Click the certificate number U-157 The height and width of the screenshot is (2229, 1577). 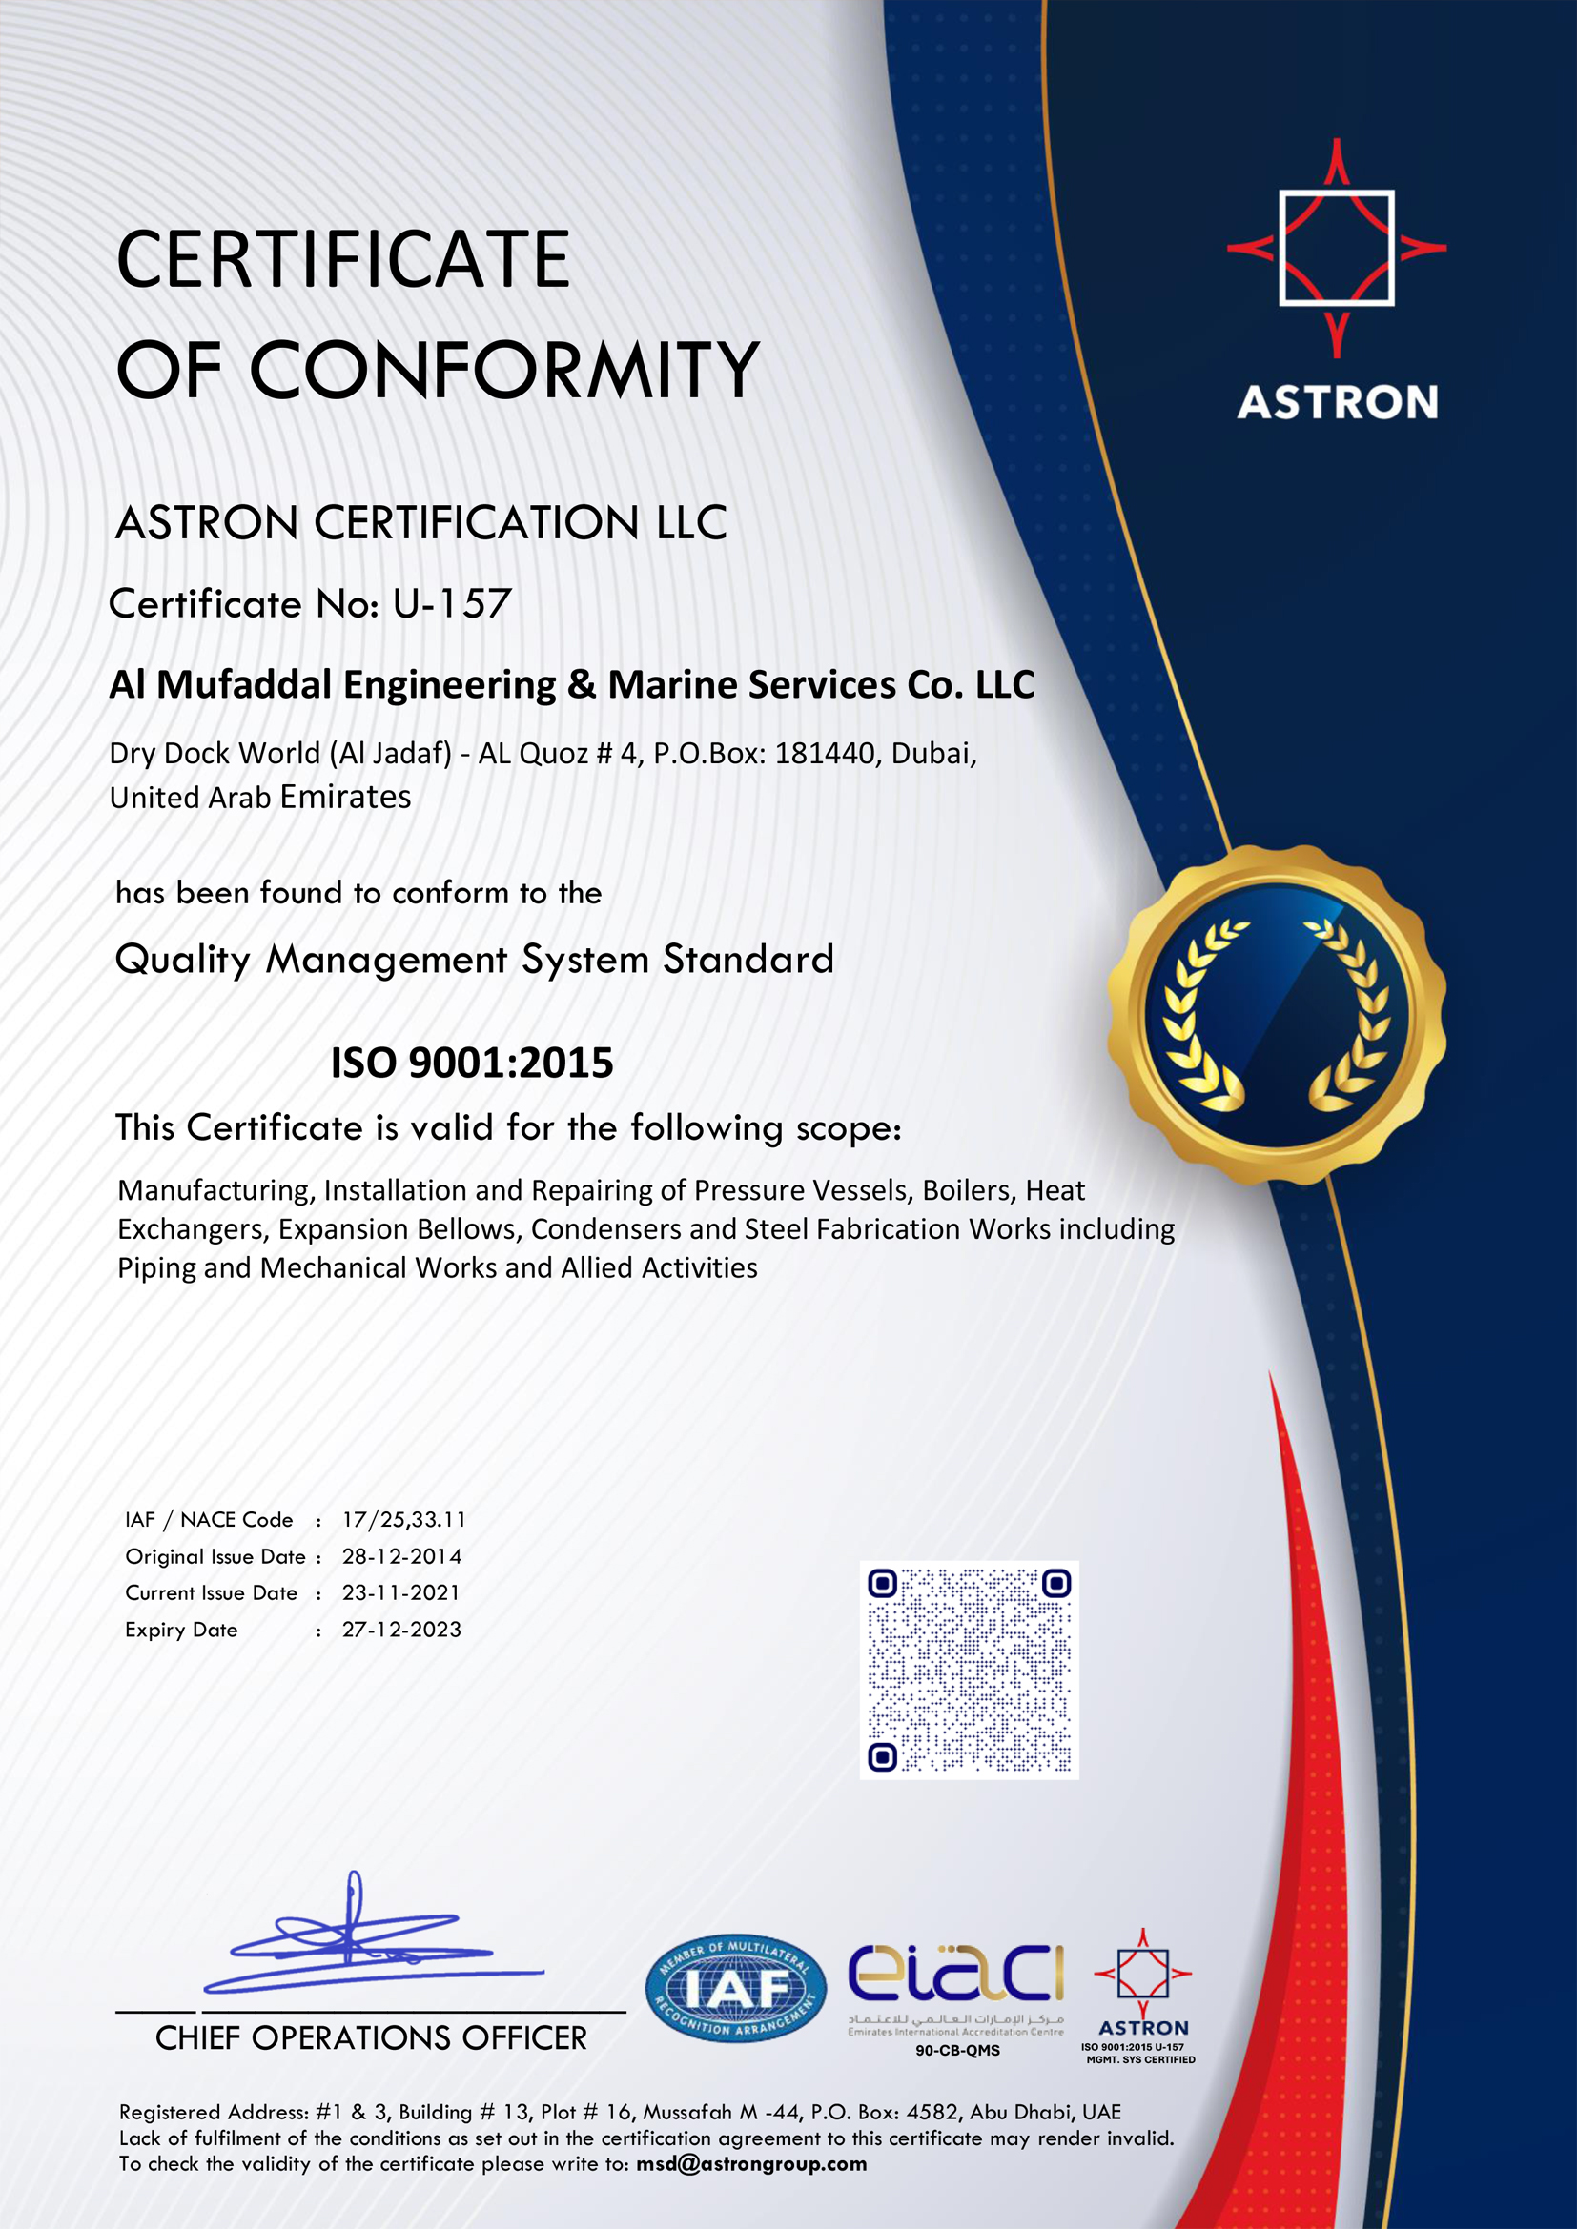click(452, 604)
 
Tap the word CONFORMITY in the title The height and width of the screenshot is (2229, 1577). click(505, 370)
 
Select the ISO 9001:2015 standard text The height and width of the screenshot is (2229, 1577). click(472, 1064)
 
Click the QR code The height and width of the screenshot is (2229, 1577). click(969, 1670)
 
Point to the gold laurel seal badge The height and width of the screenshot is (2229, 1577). click(1276, 1014)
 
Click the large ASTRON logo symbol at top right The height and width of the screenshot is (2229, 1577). click(1336, 249)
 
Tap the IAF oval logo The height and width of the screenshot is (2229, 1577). click(735, 1989)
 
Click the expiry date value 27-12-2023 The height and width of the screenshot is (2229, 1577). click(401, 1630)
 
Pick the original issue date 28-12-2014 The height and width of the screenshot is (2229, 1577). click(401, 1557)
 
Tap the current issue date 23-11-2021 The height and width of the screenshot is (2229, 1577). click(400, 1593)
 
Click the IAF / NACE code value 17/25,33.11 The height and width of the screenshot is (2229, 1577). click(404, 1520)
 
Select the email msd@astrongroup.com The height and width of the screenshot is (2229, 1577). click(750, 2164)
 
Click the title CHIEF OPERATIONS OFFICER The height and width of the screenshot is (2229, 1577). click(371, 2038)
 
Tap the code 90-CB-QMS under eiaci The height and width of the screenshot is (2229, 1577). click(957, 2051)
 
